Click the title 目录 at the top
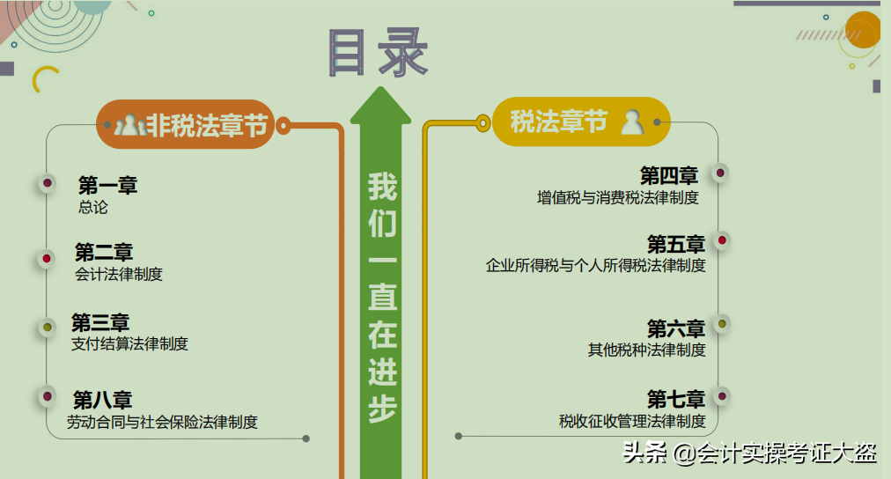[378, 52]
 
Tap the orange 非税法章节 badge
[186, 125]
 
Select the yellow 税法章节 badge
[581, 122]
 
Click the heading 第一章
[107, 186]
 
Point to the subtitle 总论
[92, 208]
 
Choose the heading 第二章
[104, 253]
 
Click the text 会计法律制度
[119, 274]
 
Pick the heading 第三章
[100, 322]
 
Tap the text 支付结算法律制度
[129, 343]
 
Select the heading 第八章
[102, 400]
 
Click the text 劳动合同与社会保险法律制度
[162, 422]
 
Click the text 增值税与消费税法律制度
[617, 197]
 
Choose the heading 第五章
[676, 244]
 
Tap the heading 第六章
[676, 328]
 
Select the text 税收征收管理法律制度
[632, 421]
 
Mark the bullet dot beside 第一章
[47, 184]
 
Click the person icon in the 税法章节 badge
[632, 122]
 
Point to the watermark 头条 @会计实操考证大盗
[750, 453]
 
